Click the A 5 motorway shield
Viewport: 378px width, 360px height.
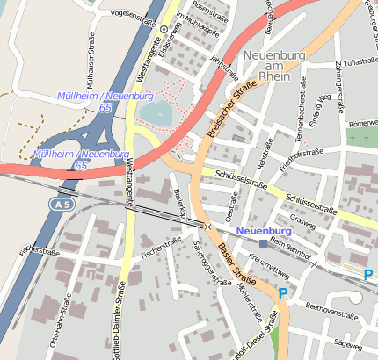(57, 203)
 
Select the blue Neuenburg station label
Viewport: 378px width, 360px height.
(264, 230)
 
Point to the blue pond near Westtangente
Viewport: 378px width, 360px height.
(157, 113)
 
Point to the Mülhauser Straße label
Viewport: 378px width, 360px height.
(91, 56)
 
